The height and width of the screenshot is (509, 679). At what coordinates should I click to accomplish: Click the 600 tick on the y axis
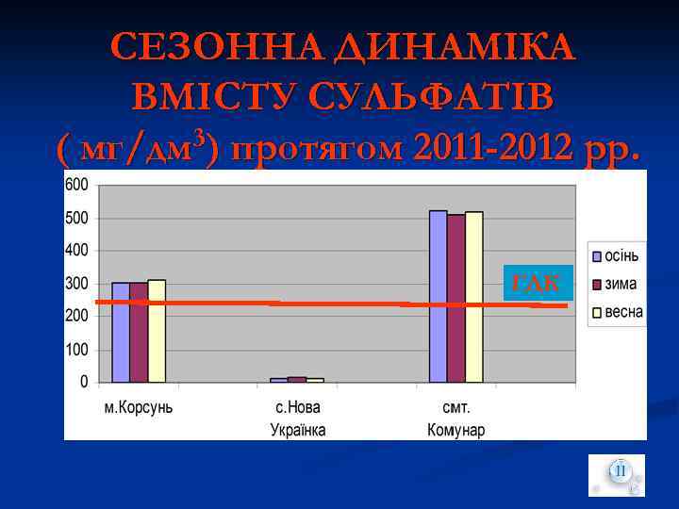coord(77,185)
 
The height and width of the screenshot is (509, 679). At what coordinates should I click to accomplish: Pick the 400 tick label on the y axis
coord(77,251)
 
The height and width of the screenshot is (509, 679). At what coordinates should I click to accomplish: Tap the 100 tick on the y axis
coord(77,350)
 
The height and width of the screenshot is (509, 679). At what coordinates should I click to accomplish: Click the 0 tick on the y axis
coord(84,382)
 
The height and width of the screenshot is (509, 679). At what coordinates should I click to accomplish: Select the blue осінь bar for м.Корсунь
coord(121,332)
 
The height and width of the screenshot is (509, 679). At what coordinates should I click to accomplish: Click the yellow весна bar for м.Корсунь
coord(157,330)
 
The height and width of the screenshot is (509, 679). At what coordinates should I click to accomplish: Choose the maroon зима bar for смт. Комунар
coord(456,298)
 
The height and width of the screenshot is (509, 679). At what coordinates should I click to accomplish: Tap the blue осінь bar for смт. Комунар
coord(439,296)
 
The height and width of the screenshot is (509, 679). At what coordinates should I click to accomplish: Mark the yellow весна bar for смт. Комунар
coord(474,297)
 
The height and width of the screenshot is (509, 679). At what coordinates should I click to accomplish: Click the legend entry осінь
coord(621,256)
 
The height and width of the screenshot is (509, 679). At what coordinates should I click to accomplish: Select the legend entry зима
coord(620,284)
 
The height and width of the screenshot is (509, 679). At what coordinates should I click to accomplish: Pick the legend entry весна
coord(623,312)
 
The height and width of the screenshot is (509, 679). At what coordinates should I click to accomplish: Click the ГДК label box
coord(538,282)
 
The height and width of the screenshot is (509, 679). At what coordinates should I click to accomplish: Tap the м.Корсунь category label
coord(138,408)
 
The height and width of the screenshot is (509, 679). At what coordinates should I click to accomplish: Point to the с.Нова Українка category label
coord(298,419)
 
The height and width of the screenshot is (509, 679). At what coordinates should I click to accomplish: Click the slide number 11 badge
coord(619,471)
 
